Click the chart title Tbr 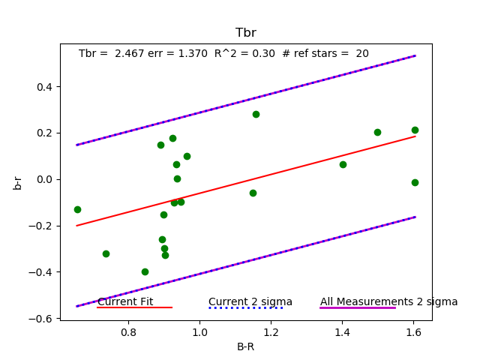click(x=246, y=33)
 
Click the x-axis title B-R click(x=246, y=346)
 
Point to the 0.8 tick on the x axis click(x=128, y=330)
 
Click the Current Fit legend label click(x=125, y=301)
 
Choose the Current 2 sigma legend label click(x=250, y=301)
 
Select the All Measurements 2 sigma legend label click(x=388, y=301)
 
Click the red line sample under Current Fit click(x=135, y=307)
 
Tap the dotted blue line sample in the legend click(x=246, y=307)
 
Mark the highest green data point click(x=256, y=114)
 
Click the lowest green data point click(x=145, y=271)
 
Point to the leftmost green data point click(x=77, y=209)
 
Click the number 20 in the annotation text click(x=362, y=54)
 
